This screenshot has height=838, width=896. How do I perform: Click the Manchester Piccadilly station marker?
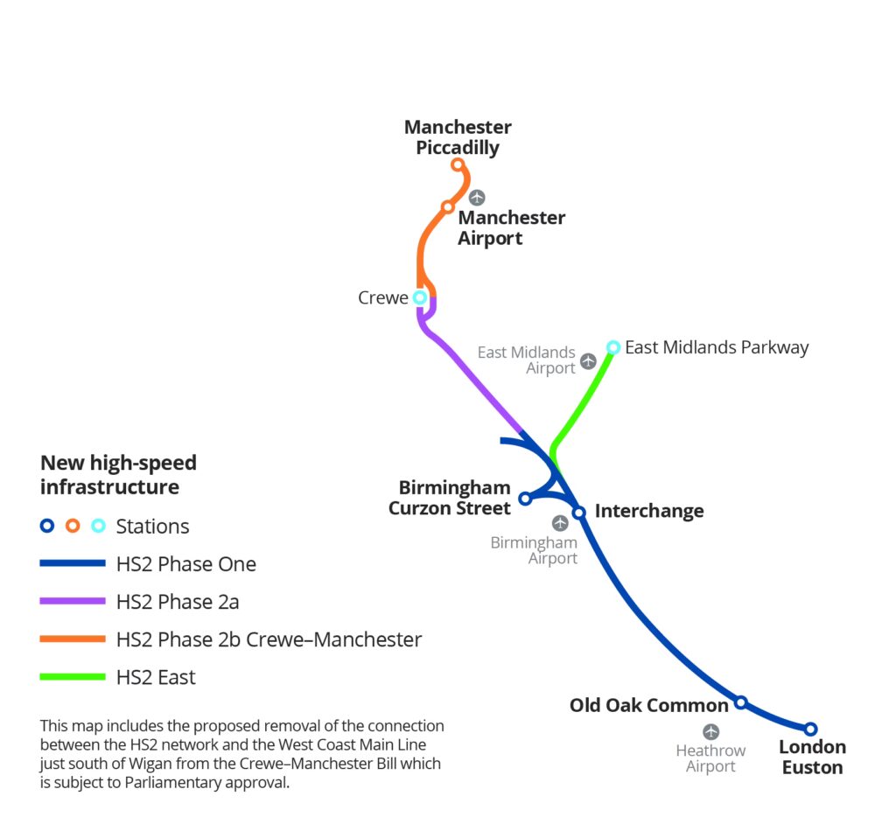pos(457,164)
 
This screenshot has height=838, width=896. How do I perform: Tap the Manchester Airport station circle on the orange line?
pos(447,207)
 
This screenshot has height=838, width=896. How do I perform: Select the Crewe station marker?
pos(420,297)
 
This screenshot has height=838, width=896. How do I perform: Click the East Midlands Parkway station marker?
pos(613,347)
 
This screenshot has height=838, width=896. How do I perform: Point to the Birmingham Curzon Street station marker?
pos(525,499)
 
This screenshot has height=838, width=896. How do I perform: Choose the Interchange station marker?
pos(578,513)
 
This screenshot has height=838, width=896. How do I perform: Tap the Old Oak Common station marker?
pos(740,702)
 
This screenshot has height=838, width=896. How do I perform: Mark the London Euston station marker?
pos(810,729)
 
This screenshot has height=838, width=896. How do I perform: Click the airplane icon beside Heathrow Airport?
pos(710,731)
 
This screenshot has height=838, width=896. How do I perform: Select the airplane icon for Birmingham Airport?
pos(560,523)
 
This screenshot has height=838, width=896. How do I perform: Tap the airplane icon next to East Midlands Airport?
pos(588,360)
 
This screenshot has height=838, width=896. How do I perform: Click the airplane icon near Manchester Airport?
pos(476,198)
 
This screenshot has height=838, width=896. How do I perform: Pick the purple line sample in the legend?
pos(73,602)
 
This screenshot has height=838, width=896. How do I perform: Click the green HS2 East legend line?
pos(73,676)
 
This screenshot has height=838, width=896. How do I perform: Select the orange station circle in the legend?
pos(73,526)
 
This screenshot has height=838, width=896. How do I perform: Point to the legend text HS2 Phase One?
pos(185,564)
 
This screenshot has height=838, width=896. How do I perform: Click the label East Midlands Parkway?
pos(717,347)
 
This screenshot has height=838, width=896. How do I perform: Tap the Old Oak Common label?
pos(648,705)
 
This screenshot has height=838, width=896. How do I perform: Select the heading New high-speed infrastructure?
pos(119,474)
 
